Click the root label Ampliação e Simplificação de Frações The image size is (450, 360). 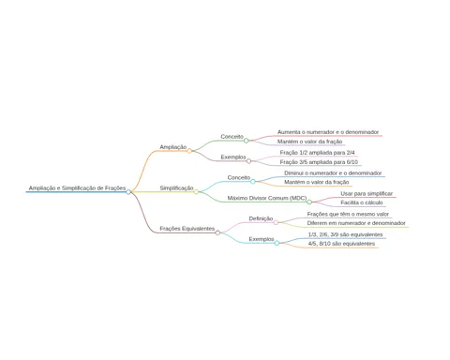[77, 188]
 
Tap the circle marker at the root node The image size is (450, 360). [128, 192]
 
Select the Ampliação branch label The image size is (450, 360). [173, 147]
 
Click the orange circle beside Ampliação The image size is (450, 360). [189, 151]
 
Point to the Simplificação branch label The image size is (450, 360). [176, 188]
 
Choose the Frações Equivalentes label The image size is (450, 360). [187, 229]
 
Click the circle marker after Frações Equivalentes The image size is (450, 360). [217, 232]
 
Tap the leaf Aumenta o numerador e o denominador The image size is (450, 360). [328, 132]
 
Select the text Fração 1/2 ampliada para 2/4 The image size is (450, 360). [318, 153]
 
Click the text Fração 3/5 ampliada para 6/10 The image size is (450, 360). [319, 162]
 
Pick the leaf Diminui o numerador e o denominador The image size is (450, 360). [333, 173]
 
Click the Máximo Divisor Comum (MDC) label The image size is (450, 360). [267, 198]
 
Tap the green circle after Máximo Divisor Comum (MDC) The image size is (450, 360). [309, 202]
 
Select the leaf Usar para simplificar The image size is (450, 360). [367, 194]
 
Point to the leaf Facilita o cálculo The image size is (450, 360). [362, 202]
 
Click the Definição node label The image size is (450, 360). [261, 218]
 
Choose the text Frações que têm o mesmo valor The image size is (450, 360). [348, 215]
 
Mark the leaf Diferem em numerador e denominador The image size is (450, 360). [356, 223]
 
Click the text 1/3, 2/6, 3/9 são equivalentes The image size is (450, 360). [346, 234]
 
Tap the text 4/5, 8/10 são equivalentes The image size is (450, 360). [342, 244]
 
